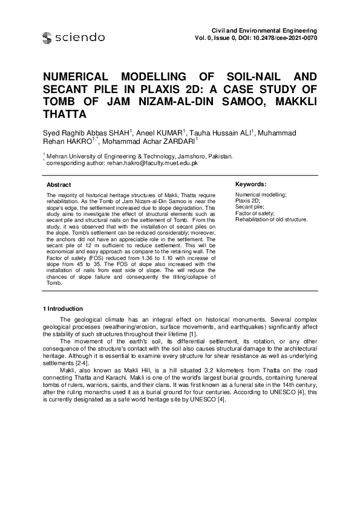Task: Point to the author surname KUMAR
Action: tap(172, 132)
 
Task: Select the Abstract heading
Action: tap(59, 184)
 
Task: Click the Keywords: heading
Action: tap(250, 184)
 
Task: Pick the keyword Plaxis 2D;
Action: tap(247, 200)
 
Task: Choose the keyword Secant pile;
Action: tap(248, 207)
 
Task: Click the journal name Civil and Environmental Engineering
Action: tap(263, 30)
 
